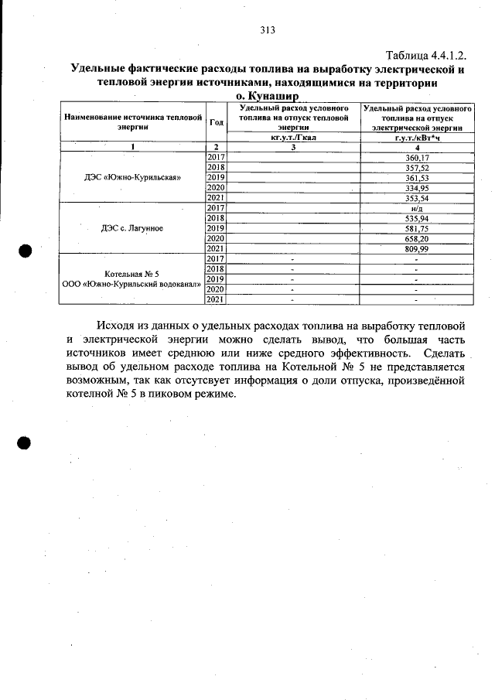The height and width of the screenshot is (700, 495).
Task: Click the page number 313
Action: [268, 31]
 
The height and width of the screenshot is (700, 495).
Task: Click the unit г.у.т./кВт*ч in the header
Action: [417, 138]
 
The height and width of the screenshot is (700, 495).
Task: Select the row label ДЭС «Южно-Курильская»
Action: [132, 177]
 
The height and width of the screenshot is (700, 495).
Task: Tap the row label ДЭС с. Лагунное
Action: [132, 228]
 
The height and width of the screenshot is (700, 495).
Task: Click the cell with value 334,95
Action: [417, 187]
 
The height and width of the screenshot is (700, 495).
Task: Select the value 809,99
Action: [417, 248]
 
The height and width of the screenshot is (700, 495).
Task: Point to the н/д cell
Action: [417, 208]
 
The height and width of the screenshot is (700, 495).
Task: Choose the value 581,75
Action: [417, 228]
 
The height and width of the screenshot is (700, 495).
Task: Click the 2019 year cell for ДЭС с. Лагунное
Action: [216, 228]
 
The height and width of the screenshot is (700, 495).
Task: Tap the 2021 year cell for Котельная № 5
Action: [216, 299]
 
